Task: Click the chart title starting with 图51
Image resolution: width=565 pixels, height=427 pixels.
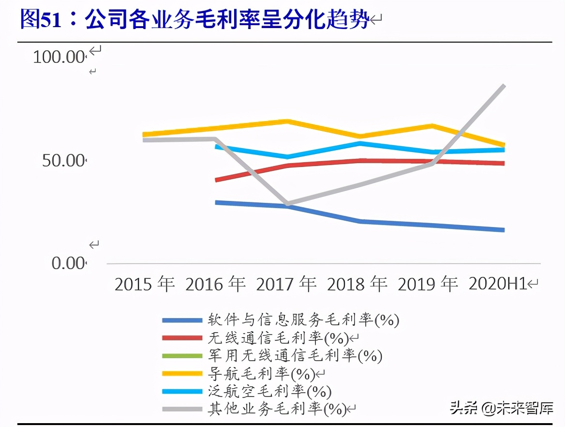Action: coord(193,20)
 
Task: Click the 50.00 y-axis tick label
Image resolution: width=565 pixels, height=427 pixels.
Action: coord(63,161)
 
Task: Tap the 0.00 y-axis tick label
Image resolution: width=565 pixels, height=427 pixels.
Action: coord(68,264)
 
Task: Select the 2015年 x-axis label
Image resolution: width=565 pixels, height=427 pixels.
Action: coord(144,284)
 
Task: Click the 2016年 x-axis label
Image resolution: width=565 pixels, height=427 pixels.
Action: coord(215,284)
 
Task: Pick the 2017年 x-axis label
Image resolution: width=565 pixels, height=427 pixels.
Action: coord(286,284)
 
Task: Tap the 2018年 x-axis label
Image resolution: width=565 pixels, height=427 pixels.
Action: coord(357,284)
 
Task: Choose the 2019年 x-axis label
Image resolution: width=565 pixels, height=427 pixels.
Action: coord(428,284)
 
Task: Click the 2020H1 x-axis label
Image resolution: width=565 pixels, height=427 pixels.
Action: coord(498,284)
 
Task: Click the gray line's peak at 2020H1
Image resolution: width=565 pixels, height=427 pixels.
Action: coord(504,86)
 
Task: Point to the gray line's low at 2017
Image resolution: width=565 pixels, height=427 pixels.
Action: coord(288,204)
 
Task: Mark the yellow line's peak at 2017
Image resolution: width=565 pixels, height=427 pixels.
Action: coord(287,121)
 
